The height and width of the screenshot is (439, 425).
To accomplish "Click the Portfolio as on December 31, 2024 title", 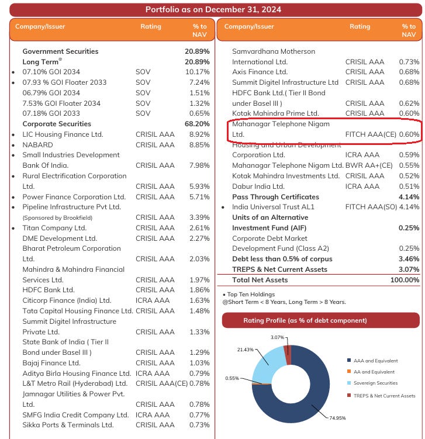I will [213, 9].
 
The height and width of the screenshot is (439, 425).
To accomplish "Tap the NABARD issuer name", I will [38, 144].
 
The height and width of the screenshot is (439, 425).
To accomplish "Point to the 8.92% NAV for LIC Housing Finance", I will [199, 134].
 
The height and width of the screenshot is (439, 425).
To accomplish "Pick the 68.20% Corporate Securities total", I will [196, 124].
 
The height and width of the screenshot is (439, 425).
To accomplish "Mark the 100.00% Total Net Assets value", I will [405, 280].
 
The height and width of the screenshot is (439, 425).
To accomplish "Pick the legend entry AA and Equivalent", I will [374, 372].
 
